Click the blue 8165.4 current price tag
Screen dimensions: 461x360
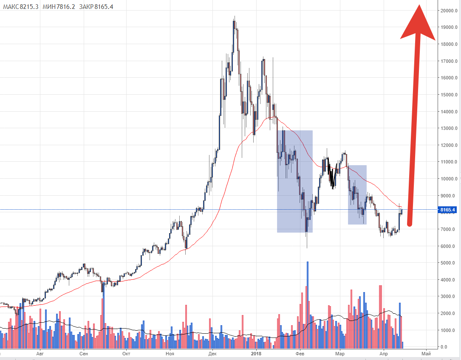click(447, 210)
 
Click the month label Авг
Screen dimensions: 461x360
click(40, 354)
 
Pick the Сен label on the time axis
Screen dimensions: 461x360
click(84, 354)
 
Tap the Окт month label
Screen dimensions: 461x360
click(127, 354)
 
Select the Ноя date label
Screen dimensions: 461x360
click(170, 354)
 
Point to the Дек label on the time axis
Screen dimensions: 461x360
click(212, 354)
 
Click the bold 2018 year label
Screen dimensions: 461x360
click(256, 354)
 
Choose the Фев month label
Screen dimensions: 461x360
click(300, 354)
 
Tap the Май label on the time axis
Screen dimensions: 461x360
click(426, 354)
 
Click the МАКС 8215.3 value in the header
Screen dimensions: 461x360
click(20, 6)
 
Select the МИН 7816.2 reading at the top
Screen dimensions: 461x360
click(59, 6)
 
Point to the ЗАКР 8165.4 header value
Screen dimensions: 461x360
click(96, 6)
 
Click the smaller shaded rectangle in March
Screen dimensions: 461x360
click(357, 195)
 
